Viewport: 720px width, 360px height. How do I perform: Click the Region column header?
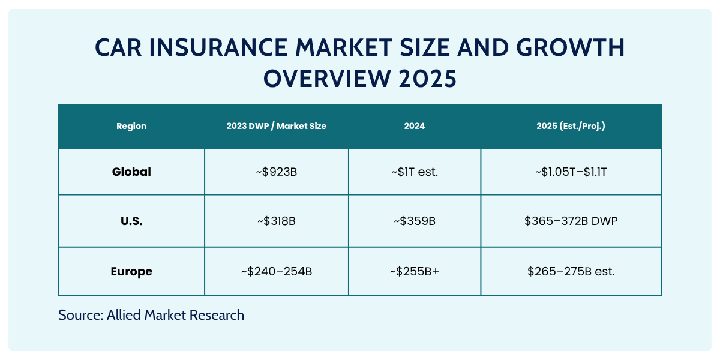coord(131,127)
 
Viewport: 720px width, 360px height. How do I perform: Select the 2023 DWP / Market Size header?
coord(276,127)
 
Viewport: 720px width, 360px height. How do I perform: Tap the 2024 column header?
coord(414,127)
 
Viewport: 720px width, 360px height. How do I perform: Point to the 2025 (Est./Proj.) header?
coord(571,127)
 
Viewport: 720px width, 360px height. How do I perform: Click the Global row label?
coord(131,172)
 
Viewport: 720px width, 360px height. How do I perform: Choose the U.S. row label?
coord(131,221)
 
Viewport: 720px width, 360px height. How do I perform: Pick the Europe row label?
coord(131,271)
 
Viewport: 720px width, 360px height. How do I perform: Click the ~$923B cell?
coord(276,172)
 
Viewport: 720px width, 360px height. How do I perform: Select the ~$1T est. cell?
coord(414,172)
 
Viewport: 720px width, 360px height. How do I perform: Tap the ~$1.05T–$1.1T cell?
coord(571,172)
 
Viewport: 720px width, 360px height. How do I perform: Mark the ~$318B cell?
coord(276,221)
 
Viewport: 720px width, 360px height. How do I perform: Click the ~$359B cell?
coord(414,221)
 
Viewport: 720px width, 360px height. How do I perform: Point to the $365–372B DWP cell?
coord(571,221)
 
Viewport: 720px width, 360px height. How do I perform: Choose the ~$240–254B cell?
coord(276,271)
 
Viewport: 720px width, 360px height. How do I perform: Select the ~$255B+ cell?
coord(414,271)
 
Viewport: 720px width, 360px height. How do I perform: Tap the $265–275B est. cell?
coord(571,271)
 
